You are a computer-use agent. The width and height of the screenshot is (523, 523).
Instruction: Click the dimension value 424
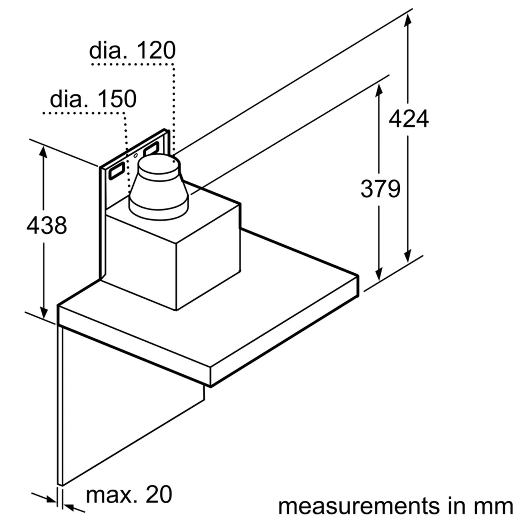point(408,119)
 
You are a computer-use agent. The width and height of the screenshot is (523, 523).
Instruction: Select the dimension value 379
point(380,189)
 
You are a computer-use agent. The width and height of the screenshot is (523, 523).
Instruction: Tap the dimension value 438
point(47,225)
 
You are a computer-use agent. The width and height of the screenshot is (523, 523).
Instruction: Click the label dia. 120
point(132,51)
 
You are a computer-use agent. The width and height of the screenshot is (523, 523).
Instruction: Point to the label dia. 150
point(93,99)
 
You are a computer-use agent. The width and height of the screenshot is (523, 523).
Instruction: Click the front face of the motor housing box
point(142,258)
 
